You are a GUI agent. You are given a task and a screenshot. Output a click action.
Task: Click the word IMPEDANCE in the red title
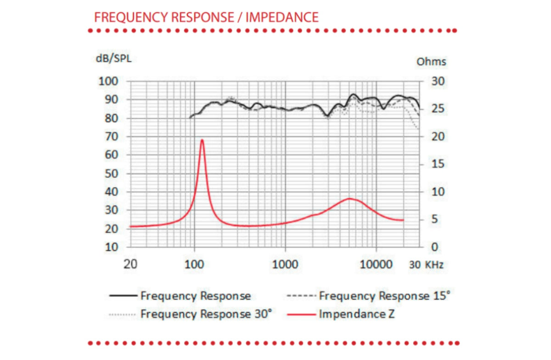(282, 17)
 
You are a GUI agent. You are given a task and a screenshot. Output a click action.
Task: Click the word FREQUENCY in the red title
(131, 17)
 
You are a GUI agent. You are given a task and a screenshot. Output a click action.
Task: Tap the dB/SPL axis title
(114, 59)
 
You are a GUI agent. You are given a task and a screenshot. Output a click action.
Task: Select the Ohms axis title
(431, 62)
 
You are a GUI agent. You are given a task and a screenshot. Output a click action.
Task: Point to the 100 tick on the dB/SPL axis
(108, 81)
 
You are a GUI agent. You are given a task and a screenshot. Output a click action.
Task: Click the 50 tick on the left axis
(112, 174)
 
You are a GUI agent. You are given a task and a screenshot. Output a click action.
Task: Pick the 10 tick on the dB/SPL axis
(112, 247)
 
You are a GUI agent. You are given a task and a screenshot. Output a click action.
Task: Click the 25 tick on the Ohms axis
(438, 108)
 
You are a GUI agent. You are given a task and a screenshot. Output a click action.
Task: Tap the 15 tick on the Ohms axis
(438, 164)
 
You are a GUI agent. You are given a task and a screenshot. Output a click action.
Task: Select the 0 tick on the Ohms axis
(435, 247)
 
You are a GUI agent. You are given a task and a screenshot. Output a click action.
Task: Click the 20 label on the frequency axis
(130, 264)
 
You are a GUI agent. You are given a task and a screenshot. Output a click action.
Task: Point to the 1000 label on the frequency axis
(285, 264)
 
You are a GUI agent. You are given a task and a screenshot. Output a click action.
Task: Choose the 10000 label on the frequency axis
(376, 264)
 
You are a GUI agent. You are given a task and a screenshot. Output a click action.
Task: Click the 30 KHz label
(426, 265)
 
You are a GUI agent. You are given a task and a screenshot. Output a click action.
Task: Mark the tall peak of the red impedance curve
(202, 140)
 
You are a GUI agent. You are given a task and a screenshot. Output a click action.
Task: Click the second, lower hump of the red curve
(349, 198)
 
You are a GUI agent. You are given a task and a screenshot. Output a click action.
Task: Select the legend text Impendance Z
(357, 314)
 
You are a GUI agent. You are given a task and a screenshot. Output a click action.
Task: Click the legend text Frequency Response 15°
(384, 296)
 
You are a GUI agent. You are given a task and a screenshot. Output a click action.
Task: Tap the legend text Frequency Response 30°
(206, 314)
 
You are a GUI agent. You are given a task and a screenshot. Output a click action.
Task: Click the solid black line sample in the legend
(123, 296)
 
